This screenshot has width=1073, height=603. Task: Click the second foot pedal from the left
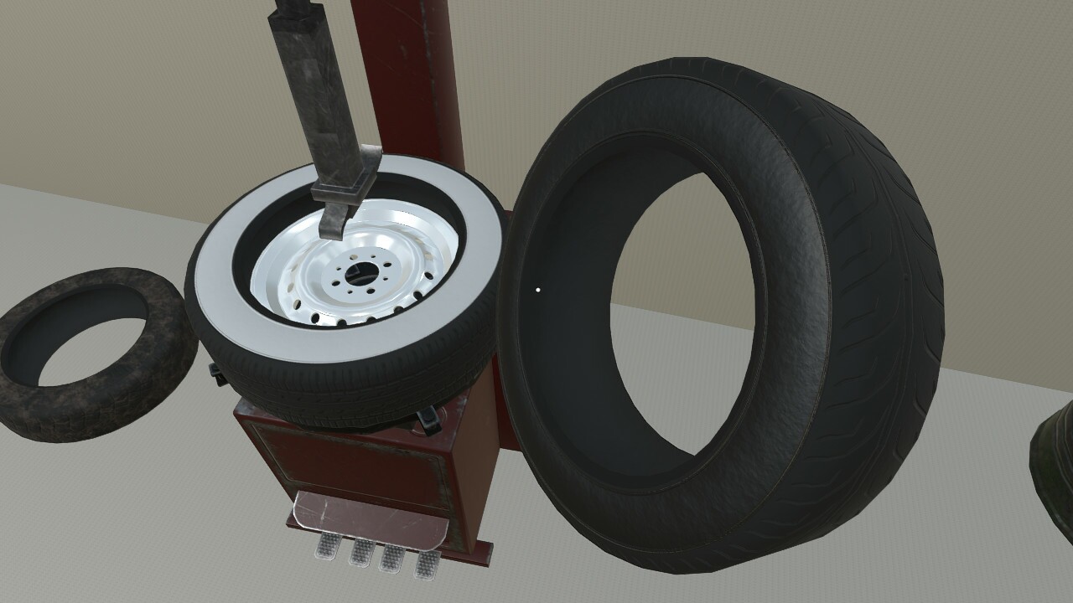click(x=362, y=553)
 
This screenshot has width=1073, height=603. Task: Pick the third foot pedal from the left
click(x=393, y=558)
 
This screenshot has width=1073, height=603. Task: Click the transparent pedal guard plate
click(x=369, y=515)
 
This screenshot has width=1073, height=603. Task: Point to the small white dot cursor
click(x=537, y=291)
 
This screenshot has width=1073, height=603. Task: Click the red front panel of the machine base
click(x=352, y=461)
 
